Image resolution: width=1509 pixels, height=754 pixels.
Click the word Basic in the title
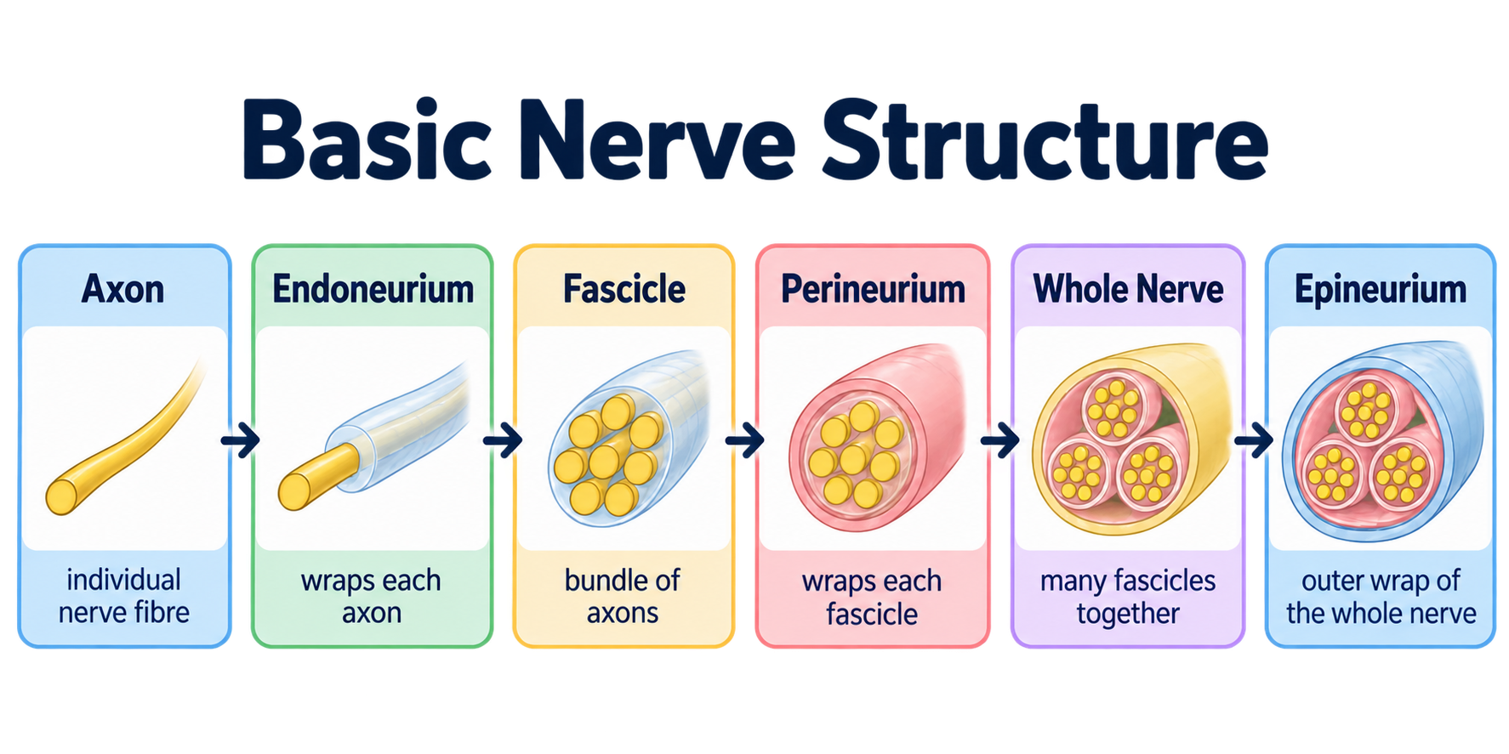(x=367, y=139)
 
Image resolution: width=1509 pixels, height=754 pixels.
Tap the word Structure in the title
(x=1045, y=139)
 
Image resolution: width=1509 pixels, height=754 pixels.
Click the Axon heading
(x=123, y=290)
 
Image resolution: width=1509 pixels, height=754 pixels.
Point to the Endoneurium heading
(x=373, y=290)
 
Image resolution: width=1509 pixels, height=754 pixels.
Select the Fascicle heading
(x=624, y=290)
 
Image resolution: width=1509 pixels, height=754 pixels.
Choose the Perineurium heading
(x=873, y=290)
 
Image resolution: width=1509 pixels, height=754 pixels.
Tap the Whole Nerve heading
(x=1128, y=290)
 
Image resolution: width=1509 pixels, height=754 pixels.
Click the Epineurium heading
(x=1381, y=290)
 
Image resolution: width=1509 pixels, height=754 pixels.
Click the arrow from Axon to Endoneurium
(x=240, y=440)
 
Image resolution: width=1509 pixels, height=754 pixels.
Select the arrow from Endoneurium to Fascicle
(x=502, y=440)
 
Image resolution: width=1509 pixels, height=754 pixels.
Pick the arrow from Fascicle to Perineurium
(x=744, y=440)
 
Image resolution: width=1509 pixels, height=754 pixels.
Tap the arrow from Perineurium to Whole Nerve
(x=999, y=440)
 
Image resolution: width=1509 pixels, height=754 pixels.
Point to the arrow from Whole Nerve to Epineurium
(x=1253, y=440)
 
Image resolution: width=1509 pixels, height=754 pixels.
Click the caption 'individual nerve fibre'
(x=124, y=596)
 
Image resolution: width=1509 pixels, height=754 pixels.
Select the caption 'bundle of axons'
(x=623, y=596)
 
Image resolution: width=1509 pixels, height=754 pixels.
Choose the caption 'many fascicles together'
(x=1128, y=597)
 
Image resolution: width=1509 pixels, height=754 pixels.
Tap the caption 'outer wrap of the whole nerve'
(x=1381, y=597)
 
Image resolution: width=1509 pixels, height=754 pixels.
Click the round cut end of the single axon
(x=61, y=496)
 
